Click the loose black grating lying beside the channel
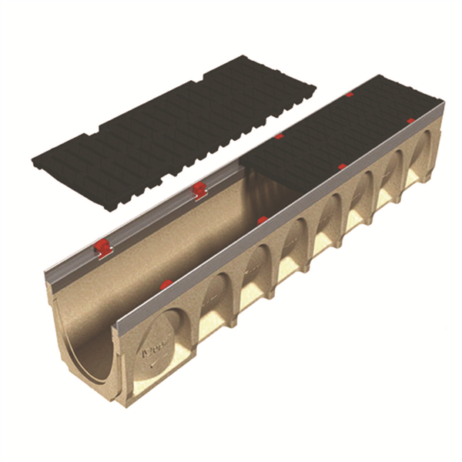click(x=173, y=123)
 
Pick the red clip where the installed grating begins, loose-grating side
click(x=280, y=137)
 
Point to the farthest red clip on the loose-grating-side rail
click(x=350, y=95)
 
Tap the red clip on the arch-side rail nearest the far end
click(x=410, y=121)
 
